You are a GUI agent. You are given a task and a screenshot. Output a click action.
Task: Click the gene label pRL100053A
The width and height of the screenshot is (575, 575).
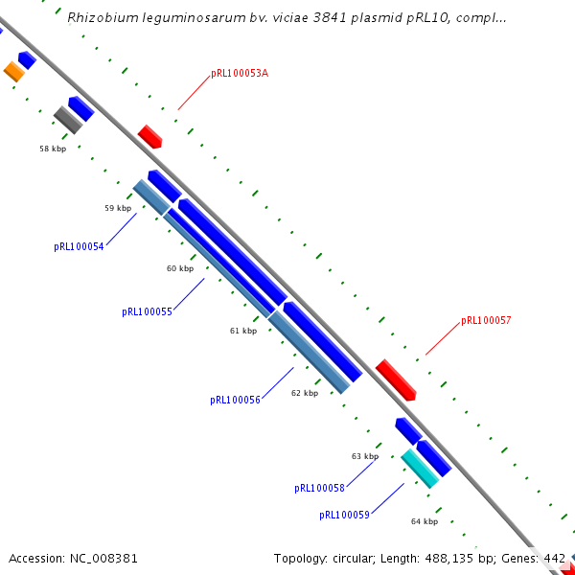(x=239, y=74)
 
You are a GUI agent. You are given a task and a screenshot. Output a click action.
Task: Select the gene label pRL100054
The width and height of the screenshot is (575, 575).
(x=79, y=246)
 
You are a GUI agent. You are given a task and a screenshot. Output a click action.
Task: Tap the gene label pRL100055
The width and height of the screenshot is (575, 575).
(x=147, y=311)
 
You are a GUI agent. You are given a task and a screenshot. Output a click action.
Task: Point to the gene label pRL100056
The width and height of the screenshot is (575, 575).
(x=235, y=400)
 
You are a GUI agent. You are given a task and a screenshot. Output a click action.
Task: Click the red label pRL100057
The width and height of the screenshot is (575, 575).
(x=486, y=320)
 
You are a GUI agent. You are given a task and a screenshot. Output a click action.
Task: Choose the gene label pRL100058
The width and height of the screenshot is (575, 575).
(x=319, y=488)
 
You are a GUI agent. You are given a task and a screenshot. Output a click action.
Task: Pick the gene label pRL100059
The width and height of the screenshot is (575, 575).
(x=344, y=515)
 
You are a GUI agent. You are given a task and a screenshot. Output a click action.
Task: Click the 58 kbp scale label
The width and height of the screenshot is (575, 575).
(x=53, y=149)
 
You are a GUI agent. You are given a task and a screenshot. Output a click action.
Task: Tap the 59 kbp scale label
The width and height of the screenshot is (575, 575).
(x=118, y=208)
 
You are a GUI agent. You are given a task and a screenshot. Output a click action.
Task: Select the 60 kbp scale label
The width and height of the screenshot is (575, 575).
(x=180, y=268)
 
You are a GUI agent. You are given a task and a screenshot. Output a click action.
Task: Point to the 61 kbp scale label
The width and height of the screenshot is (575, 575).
(x=243, y=331)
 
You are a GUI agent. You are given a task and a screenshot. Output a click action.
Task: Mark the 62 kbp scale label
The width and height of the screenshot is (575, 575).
(x=305, y=393)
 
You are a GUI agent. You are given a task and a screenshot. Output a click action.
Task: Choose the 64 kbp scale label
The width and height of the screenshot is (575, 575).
(x=425, y=521)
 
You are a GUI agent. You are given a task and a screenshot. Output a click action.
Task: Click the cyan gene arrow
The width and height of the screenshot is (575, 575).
(x=420, y=469)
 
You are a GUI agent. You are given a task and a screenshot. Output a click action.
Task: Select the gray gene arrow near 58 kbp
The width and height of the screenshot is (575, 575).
(x=67, y=120)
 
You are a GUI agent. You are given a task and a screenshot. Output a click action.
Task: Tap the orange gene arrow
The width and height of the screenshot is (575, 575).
(x=13, y=71)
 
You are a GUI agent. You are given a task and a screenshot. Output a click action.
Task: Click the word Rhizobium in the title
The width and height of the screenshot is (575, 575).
(x=100, y=17)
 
